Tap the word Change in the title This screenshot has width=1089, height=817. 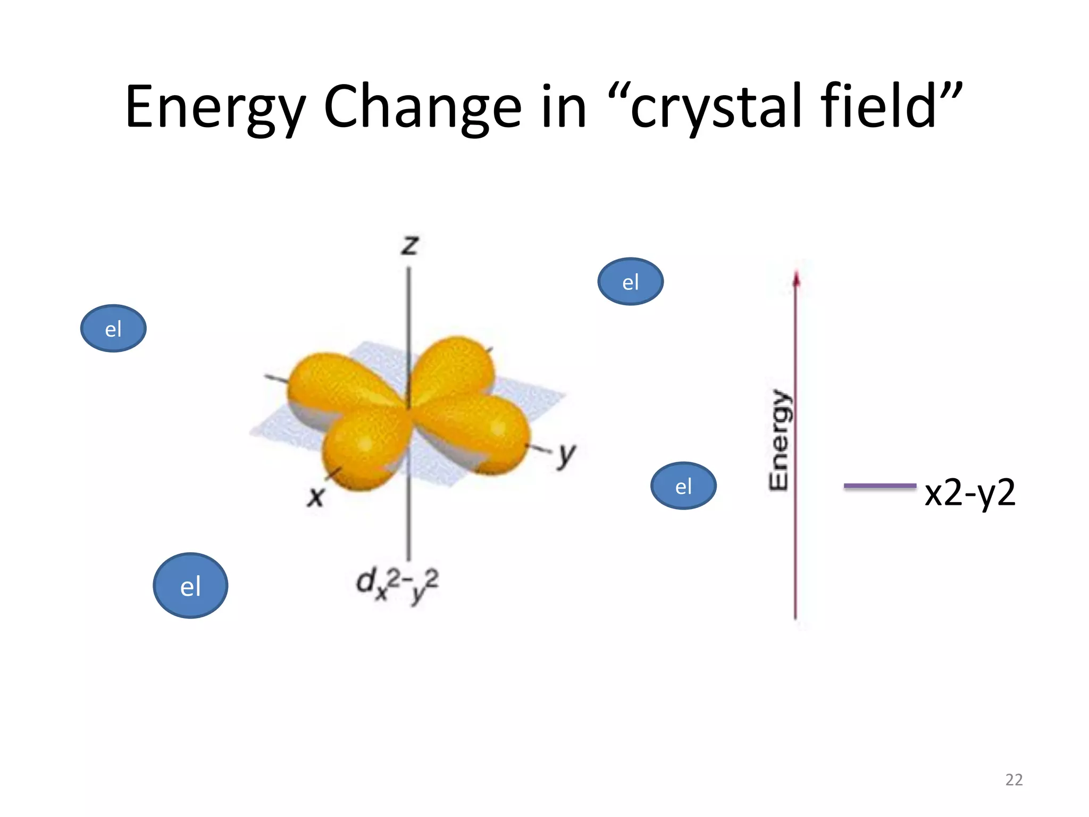pyautogui.click(x=423, y=107)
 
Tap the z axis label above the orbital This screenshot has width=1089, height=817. pyautogui.click(x=410, y=245)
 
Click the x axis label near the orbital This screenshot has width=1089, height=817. pyautogui.click(x=315, y=497)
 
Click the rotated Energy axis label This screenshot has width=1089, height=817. pyautogui.click(x=780, y=439)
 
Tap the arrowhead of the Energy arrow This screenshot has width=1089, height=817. pyautogui.click(x=796, y=279)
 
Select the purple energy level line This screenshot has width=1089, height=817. pyautogui.click(x=880, y=486)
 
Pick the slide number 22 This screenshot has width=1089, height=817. pyautogui.click(x=1013, y=780)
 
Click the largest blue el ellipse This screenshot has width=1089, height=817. pyautogui.click(x=190, y=585)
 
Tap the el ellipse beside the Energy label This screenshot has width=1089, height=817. pyautogui.click(x=683, y=486)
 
